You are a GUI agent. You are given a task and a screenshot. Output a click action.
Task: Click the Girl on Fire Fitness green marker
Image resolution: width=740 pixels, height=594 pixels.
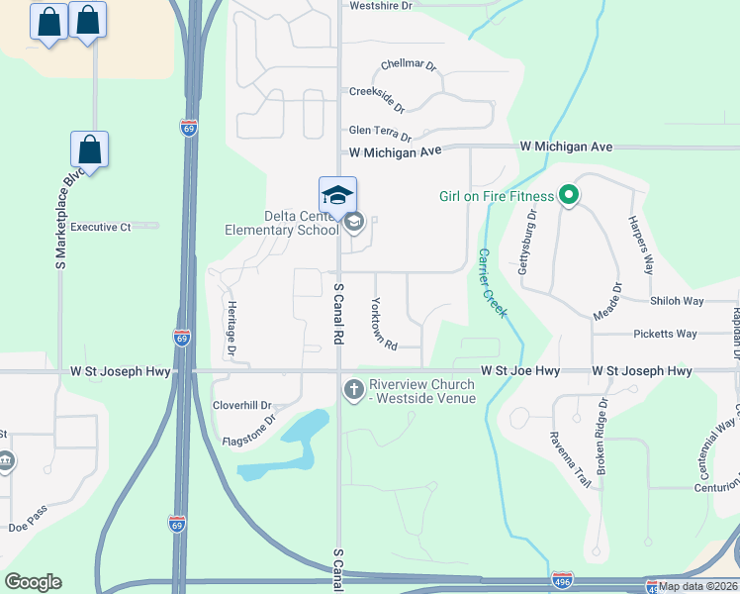pyautogui.click(x=568, y=196)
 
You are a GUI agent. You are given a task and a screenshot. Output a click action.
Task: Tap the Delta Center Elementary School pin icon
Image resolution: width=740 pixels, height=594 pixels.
pyautogui.click(x=337, y=195)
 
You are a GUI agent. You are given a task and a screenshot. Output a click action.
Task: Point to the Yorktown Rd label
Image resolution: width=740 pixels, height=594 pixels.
pyautogui.click(x=384, y=325)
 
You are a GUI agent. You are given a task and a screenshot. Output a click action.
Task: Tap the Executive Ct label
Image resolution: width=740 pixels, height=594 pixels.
pyautogui.click(x=101, y=227)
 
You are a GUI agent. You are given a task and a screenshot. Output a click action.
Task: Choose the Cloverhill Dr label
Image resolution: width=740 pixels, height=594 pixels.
pyautogui.click(x=242, y=406)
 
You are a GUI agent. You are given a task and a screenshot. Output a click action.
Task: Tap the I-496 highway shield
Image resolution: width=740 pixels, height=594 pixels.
pyautogui.click(x=561, y=577)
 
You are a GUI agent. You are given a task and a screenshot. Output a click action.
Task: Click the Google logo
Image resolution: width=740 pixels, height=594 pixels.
pyautogui.click(x=33, y=582)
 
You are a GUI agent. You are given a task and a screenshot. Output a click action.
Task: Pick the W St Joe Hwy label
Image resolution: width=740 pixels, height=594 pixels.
pyautogui.click(x=520, y=371)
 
